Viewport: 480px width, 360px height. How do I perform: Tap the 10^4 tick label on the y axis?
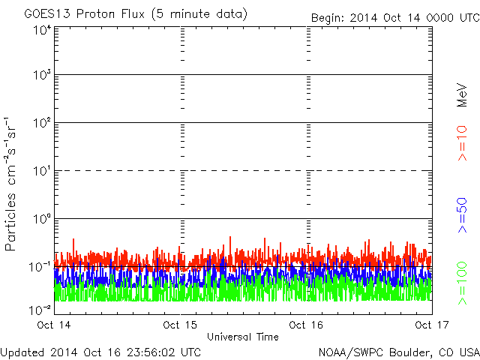[42, 30]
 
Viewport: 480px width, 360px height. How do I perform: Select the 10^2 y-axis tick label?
[42, 124]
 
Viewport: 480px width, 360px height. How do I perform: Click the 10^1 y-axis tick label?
[42, 172]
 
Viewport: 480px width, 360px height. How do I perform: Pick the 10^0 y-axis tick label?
[42, 220]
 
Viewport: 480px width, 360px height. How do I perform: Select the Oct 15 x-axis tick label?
[180, 325]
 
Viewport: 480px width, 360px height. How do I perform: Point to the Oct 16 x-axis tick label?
[306, 325]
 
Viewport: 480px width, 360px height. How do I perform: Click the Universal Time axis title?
[242, 337]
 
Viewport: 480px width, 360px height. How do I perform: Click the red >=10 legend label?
[463, 143]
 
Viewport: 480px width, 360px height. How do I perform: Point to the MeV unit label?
[463, 93]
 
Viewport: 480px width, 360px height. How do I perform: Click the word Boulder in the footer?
[409, 352]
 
